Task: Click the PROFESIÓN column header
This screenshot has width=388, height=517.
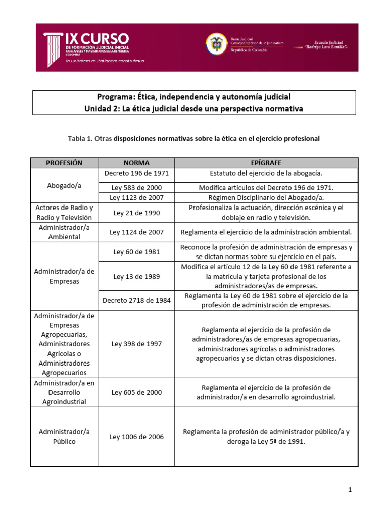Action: point(64,163)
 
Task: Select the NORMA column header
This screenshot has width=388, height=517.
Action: point(136,163)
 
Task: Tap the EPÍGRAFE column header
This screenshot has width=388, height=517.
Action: point(266,163)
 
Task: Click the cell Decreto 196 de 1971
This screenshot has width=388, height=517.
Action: point(136,174)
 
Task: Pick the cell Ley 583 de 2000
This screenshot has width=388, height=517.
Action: point(136,187)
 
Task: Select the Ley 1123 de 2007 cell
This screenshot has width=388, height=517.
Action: point(136,197)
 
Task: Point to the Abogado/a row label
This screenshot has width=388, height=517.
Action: point(64,185)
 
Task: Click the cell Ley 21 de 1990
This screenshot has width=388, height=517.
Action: point(136,213)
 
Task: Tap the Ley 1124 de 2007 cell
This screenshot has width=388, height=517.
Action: point(136,232)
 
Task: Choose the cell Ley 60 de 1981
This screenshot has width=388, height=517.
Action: point(136,252)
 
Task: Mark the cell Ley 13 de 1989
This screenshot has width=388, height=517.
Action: point(136,276)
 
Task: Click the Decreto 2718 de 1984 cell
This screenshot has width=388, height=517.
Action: point(136,300)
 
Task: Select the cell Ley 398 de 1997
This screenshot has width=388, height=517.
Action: point(136,344)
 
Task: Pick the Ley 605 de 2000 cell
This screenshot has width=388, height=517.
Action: point(136,392)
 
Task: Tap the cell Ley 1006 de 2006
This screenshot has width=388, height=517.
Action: point(136,437)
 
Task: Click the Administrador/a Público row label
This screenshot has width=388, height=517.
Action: point(64,436)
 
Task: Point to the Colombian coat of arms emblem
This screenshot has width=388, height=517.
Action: point(216,44)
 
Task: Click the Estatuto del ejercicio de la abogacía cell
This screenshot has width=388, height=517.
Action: point(266,174)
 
